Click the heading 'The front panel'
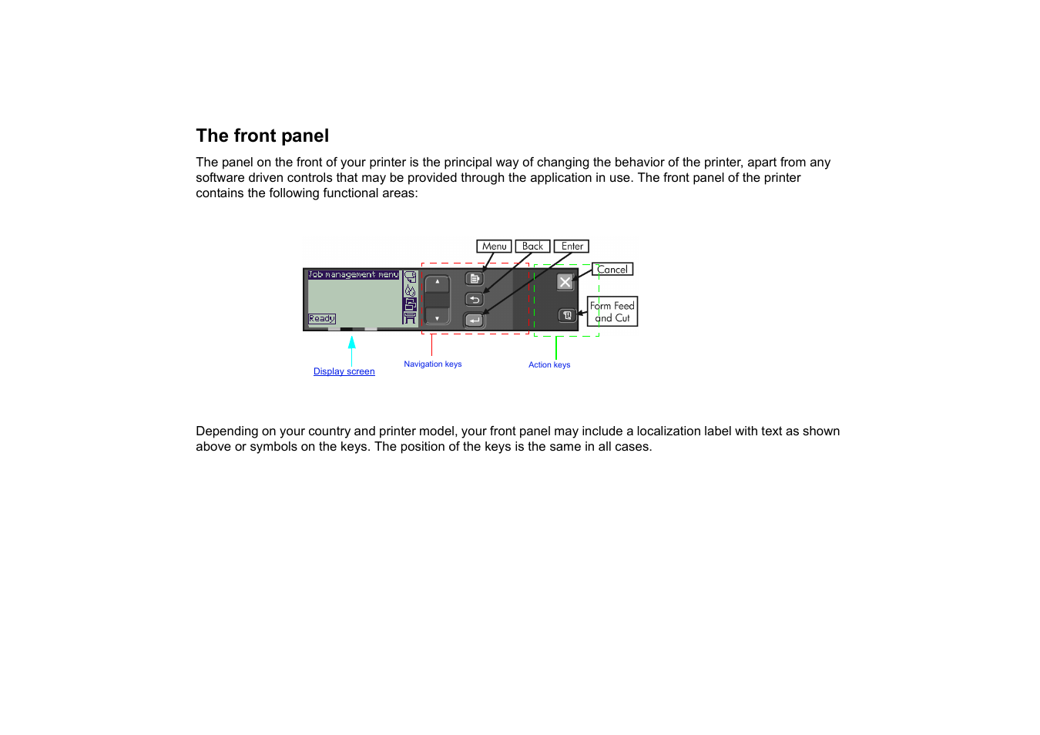coord(262,136)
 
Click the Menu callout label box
coord(494,247)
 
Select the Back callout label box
coord(532,247)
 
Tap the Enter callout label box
coord(572,247)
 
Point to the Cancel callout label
coord(612,270)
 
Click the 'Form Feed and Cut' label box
coord(612,312)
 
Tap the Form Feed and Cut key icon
coord(567,315)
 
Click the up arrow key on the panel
coord(437,282)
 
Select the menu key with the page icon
coord(475,279)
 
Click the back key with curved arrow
coord(475,300)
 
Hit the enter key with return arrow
coord(475,320)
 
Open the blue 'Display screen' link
coord(344,371)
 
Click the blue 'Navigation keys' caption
coord(432,364)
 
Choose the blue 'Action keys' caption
coord(549,365)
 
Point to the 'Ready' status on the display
coord(321,318)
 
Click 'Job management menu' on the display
coord(354,274)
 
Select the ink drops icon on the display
coord(410,290)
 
